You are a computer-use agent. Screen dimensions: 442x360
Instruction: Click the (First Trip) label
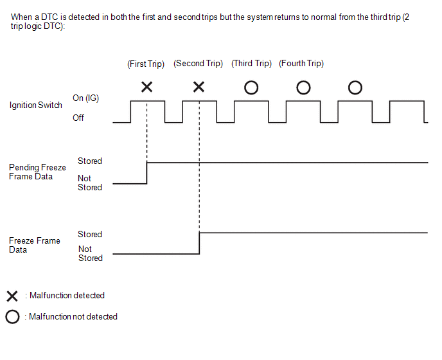coord(146,64)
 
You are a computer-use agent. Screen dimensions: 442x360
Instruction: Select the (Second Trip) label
coord(198,64)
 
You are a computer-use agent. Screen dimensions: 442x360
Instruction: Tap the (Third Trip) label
coord(251,64)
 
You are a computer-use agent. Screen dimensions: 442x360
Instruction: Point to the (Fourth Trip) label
coord(301,64)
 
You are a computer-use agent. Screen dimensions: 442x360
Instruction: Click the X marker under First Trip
coord(147,87)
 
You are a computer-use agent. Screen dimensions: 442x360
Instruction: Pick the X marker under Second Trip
coord(199,87)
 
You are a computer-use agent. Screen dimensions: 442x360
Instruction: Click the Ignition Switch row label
coord(36,105)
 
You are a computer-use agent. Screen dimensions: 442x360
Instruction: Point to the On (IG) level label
coord(85,98)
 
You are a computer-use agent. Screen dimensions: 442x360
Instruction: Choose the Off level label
coord(78,118)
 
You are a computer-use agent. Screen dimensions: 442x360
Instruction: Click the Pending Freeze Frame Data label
coord(37,172)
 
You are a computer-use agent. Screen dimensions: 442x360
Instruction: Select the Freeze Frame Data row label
coord(35,245)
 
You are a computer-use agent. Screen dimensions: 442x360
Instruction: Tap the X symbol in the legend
coord(12,296)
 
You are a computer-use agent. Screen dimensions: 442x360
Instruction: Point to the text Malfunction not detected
coord(73,316)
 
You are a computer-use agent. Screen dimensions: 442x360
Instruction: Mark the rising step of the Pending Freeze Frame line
coord(147,173)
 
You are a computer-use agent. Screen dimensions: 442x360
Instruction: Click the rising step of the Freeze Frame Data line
coord(199,243)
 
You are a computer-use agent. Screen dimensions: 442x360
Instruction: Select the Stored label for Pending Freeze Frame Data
coord(90,161)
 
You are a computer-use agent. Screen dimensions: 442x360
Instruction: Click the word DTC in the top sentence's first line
coord(49,17)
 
